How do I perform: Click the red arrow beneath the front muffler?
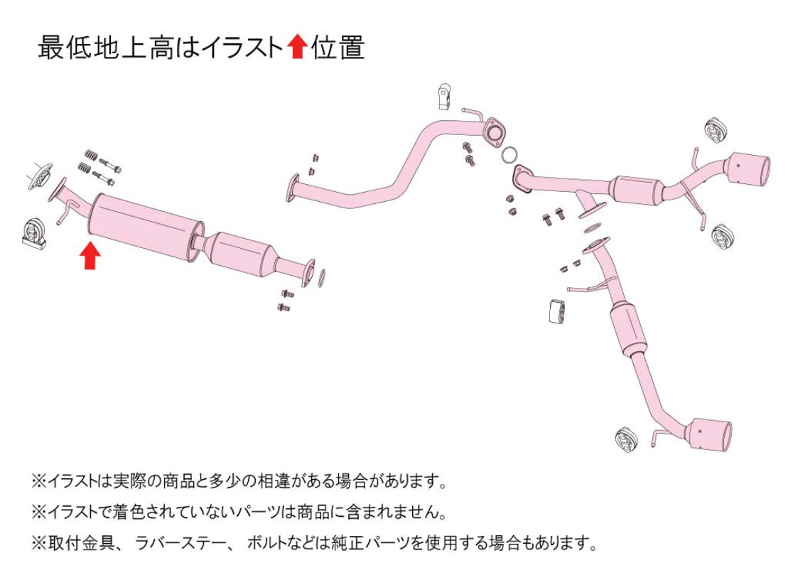(x=90, y=256)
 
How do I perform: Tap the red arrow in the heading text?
(x=297, y=47)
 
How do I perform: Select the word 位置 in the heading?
(x=338, y=47)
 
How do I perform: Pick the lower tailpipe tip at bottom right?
(x=711, y=434)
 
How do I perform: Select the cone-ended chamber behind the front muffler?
(x=243, y=253)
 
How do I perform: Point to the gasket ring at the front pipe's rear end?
(x=321, y=279)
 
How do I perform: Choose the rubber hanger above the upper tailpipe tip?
(x=714, y=130)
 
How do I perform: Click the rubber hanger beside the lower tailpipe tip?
(x=627, y=439)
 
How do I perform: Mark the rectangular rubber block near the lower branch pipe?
(x=556, y=311)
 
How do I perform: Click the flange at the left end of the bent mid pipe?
(x=293, y=188)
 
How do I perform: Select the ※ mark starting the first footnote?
(x=39, y=481)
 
